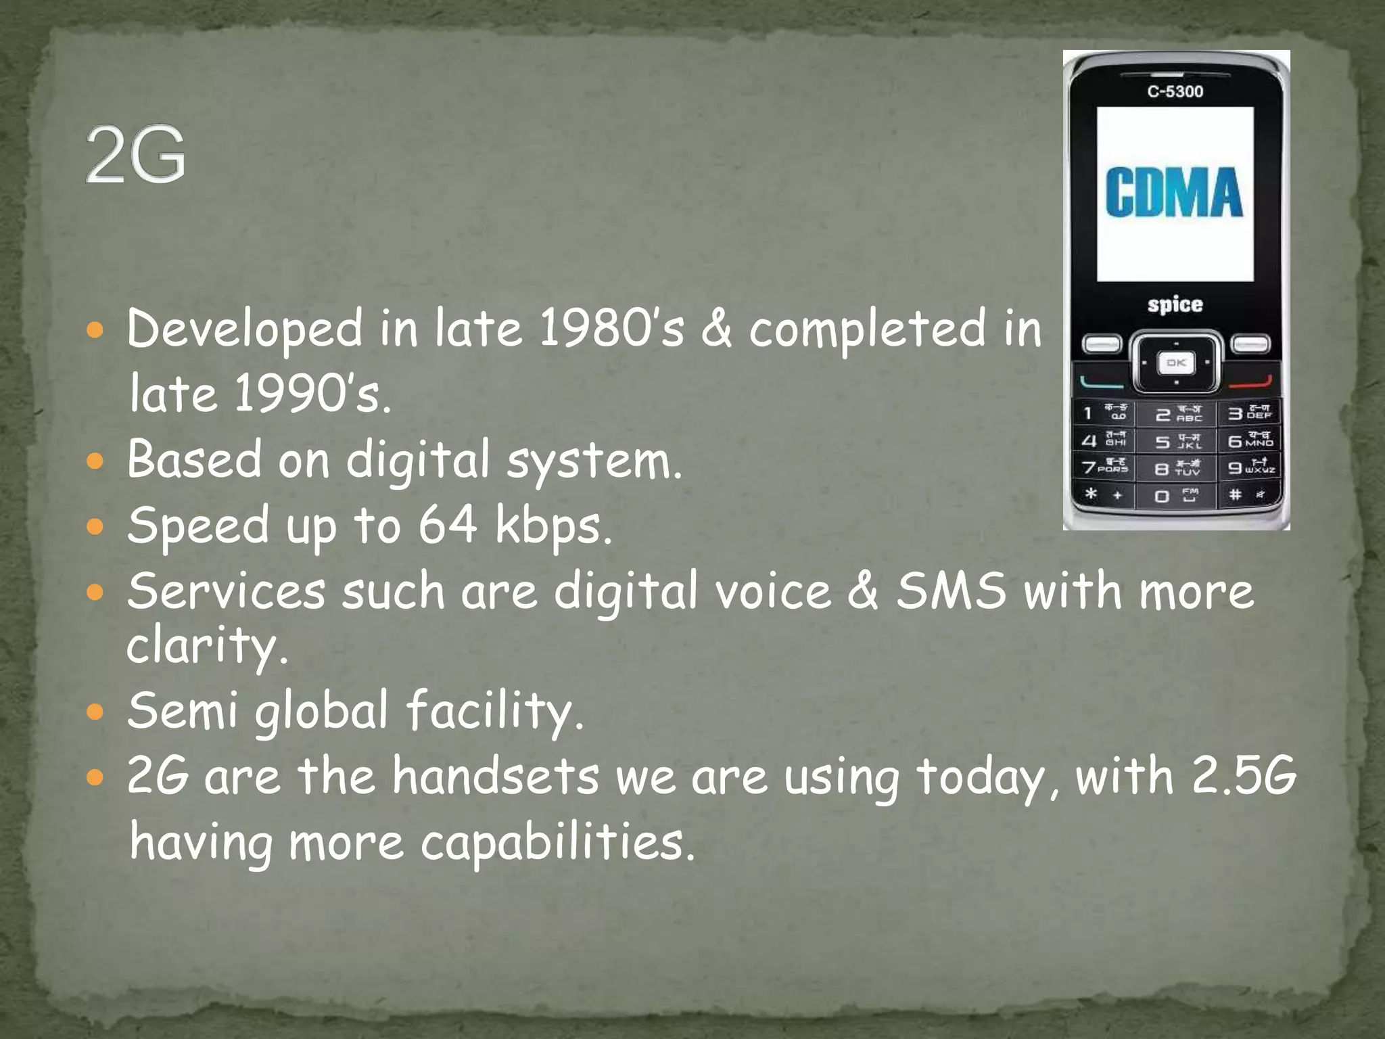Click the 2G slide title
click(135, 154)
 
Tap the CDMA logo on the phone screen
click(1175, 193)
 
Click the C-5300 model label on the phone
click(1175, 91)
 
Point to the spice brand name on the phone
click(1175, 304)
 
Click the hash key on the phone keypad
click(1248, 495)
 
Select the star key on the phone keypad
click(1102, 494)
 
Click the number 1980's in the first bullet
click(612, 329)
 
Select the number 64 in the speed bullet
click(447, 525)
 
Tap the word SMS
click(951, 591)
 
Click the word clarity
click(207, 645)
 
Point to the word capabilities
click(557, 843)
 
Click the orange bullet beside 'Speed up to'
click(96, 526)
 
